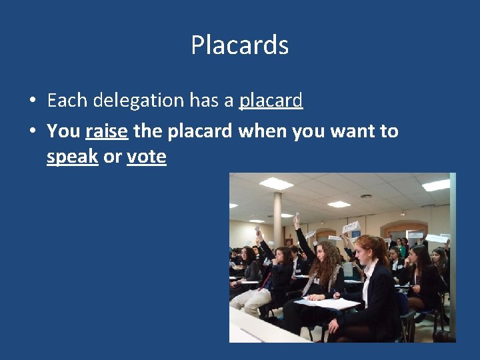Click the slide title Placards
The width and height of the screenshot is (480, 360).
coord(239,45)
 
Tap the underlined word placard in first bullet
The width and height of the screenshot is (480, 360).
coord(271,101)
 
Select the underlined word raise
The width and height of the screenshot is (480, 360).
coord(107,131)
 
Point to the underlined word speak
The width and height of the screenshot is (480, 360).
coord(73,157)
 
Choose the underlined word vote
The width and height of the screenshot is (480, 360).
coord(146,157)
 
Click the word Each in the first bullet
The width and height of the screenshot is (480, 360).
coord(67,101)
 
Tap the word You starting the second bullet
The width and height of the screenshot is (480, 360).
coord(63,131)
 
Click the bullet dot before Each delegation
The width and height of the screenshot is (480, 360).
coord(32,101)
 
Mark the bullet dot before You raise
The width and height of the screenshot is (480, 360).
coord(32,132)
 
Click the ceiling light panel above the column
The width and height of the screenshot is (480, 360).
coord(275,183)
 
